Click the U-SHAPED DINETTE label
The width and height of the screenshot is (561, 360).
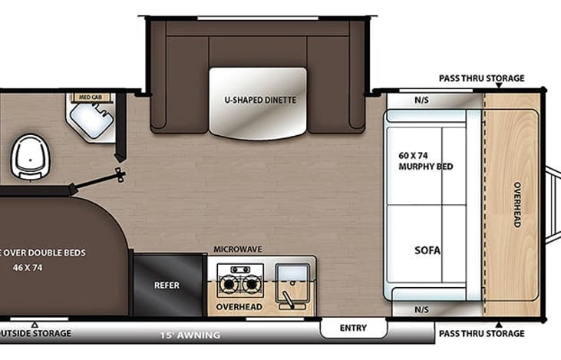pyautogui.click(x=260, y=100)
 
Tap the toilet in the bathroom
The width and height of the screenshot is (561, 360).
pyautogui.click(x=28, y=156)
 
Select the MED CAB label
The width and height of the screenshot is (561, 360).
pyautogui.click(x=91, y=97)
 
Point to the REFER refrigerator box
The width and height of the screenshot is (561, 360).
pyautogui.click(x=167, y=285)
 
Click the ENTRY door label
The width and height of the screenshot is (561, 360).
pyautogui.click(x=353, y=328)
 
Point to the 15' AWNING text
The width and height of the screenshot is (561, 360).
pyautogui.click(x=190, y=335)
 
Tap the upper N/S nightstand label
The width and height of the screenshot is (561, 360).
pyautogui.click(x=421, y=100)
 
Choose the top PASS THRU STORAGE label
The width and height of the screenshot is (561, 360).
pyautogui.click(x=481, y=78)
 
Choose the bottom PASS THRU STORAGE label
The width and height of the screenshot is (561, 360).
pyautogui.click(x=481, y=333)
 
